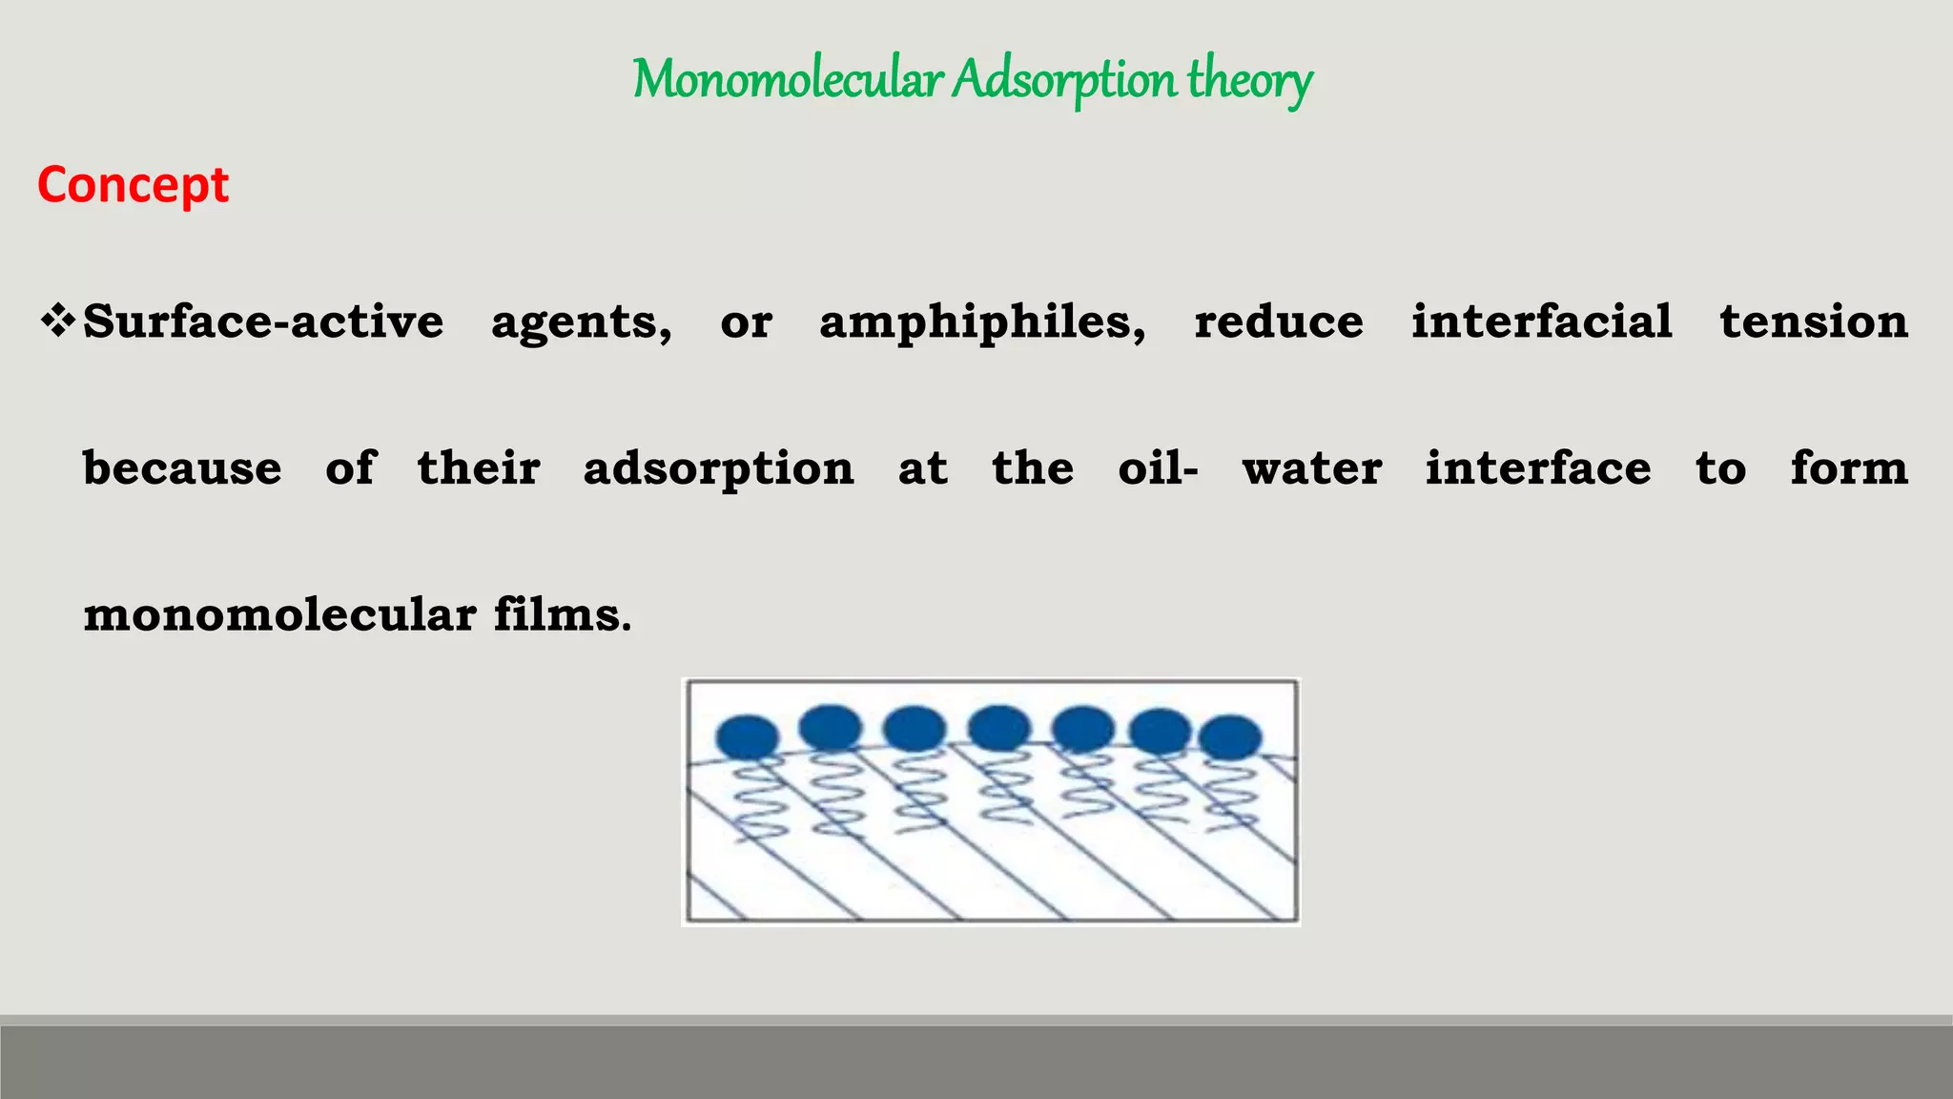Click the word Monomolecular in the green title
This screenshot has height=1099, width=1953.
click(x=788, y=80)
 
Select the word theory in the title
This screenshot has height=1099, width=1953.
click(x=1249, y=80)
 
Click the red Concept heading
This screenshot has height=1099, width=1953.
click(x=133, y=184)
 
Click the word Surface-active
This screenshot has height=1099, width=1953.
click(x=263, y=321)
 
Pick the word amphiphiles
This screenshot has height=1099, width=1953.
click(x=982, y=321)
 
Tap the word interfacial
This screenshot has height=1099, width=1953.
click(x=1542, y=321)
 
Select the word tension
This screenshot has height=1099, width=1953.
click(x=1814, y=321)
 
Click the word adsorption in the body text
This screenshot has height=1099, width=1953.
click(x=718, y=468)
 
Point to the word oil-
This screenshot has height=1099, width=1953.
click(x=1158, y=468)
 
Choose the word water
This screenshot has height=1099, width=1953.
click(x=1311, y=468)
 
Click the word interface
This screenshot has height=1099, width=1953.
click(x=1538, y=468)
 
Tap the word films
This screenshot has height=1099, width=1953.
click(x=562, y=614)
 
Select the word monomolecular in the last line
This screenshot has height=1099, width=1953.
click(x=279, y=614)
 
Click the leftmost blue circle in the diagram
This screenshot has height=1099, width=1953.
click(x=748, y=737)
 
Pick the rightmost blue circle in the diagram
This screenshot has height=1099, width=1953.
click(x=1230, y=737)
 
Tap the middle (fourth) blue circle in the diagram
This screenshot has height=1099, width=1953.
click(x=999, y=728)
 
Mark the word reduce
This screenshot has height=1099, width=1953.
click(x=1279, y=321)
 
